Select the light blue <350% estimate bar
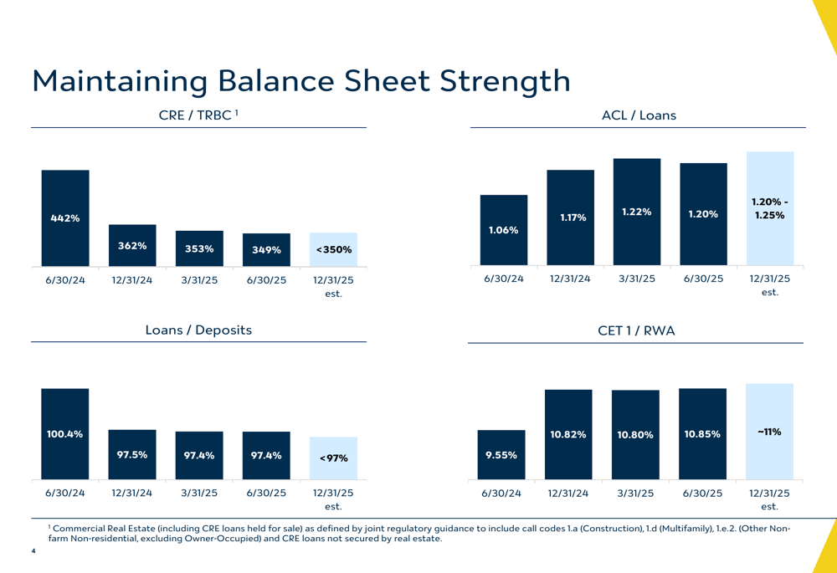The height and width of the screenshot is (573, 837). coord(333,249)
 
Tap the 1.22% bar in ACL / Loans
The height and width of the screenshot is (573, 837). coord(637,212)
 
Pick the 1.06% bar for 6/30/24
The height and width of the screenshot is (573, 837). coord(504,230)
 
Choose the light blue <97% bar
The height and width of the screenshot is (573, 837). coord(333,458)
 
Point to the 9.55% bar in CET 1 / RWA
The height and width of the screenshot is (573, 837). coord(501,455)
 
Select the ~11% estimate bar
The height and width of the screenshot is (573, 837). coord(769,432)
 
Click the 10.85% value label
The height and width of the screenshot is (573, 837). coord(702,434)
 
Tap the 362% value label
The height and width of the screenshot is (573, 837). coord(132,246)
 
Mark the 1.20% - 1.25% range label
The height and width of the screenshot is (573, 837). coord(769,208)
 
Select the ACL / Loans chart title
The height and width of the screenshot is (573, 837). coord(639,115)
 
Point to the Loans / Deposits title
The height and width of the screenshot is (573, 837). coord(198,330)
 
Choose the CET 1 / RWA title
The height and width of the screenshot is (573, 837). coord(636,331)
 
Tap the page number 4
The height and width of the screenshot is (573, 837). coord(33,551)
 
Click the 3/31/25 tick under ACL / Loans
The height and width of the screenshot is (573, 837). coord(637,279)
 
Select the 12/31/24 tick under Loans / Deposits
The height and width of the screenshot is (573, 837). coord(132,493)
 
